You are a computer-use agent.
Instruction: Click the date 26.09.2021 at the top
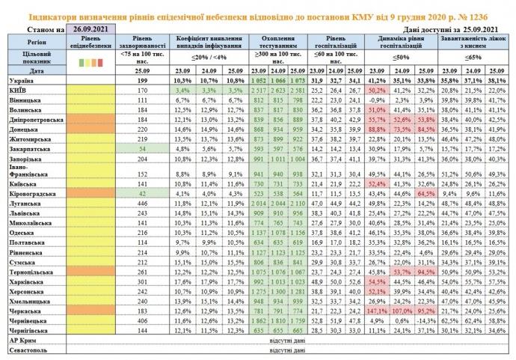pos(90,28)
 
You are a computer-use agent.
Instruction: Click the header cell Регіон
pos(33,43)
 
